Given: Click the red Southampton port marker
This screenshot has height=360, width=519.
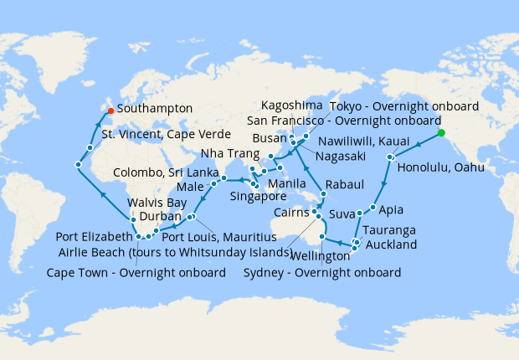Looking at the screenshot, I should tap(110, 110).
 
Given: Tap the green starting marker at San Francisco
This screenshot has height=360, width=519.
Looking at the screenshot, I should tap(440, 132).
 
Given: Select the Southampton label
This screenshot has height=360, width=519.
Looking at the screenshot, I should tap(156, 109).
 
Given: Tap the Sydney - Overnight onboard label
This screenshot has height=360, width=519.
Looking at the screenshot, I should tap(322, 273).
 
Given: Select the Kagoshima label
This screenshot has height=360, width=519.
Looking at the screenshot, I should tap(291, 106).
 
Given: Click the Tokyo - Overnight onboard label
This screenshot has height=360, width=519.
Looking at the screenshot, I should tap(403, 106).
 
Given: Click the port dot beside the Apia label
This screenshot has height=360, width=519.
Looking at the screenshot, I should tap(371, 206).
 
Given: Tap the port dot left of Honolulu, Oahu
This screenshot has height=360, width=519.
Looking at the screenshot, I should tap(390, 157).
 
